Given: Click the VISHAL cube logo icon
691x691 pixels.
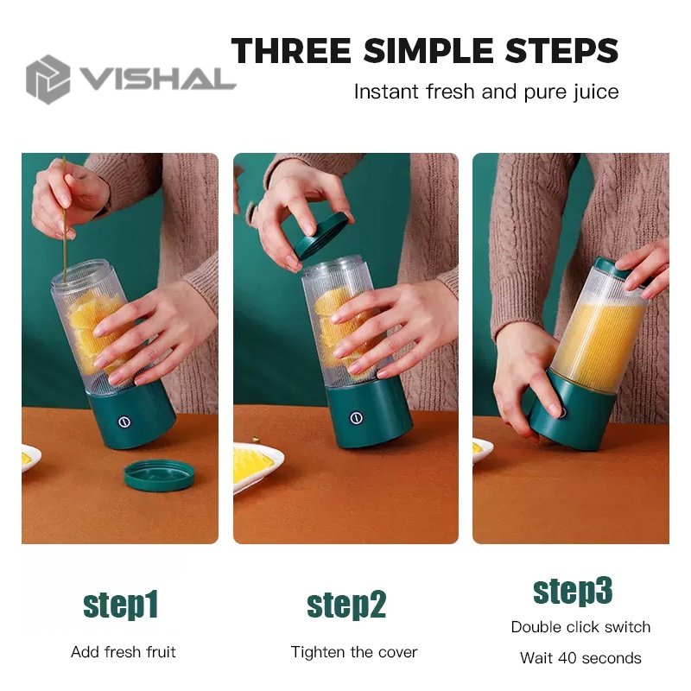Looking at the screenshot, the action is point(48,79).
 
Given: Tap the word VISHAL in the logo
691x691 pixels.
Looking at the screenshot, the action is point(157,79).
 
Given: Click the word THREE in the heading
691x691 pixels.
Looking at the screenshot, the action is point(291,50).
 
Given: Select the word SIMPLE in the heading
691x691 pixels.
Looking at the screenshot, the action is point(428,50).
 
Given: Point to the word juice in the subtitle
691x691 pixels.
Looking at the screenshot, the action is point(596,92).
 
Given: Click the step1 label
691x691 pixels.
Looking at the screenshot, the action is point(120,605).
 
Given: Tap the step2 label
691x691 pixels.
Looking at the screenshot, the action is point(346,605).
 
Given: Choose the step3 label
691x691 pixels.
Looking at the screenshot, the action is point(573,591).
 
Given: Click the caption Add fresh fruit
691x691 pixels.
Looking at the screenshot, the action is point(124,652).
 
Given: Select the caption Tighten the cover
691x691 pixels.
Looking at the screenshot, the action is point(354,652).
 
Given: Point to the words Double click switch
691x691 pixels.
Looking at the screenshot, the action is point(580,627).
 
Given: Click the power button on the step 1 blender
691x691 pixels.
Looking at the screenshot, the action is point(124,422).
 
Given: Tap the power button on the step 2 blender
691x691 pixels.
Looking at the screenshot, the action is point(356,418).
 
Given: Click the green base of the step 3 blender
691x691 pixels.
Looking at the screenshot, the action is point(573,409).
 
